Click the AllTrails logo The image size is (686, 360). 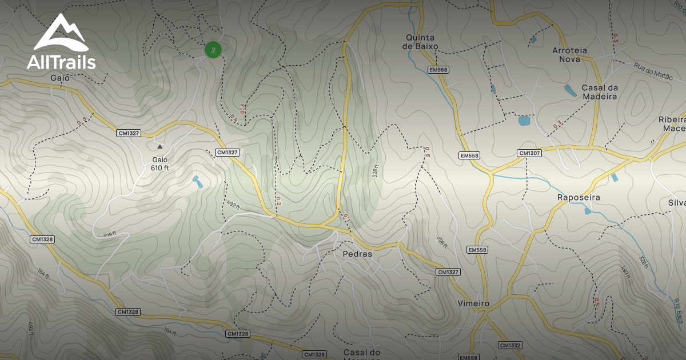pyautogui.click(x=61, y=42)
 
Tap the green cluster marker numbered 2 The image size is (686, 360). pyautogui.click(x=213, y=50)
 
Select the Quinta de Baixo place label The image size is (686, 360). pyautogui.click(x=420, y=42)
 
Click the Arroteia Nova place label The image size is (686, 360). pyautogui.click(x=569, y=54)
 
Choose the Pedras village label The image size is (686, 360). pyautogui.click(x=357, y=254)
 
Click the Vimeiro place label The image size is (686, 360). pyautogui.click(x=473, y=303)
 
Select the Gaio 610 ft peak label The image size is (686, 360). pyautogui.click(x=160, y=164)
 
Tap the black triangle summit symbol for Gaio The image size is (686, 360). pyautogui.click(x=160, y=147)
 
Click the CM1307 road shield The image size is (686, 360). pyautogui.click(x=530, y=153)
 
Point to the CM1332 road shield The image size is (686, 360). pyautogui.click(x=510, y=345)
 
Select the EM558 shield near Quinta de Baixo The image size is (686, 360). pyautogui.click(x=438, y=70)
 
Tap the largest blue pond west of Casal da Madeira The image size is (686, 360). pyautogui.click(x=524, y=121)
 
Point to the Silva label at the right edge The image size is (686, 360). pyautogui.click(x=676, y=203)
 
